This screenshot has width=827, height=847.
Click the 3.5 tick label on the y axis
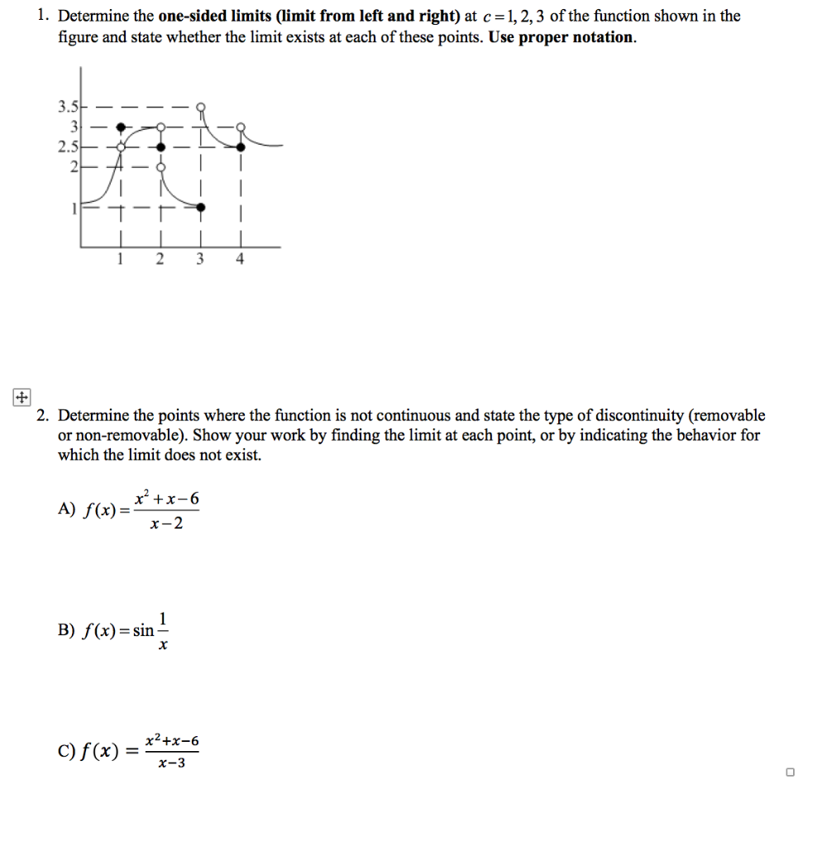click(67, 107)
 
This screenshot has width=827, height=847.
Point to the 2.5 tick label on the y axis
click(67, 146)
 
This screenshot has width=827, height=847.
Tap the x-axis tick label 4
click(240, 259)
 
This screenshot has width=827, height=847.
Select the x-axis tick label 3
click(199, 259)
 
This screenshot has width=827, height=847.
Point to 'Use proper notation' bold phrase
click(562, 38)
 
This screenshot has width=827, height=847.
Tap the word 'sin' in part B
click(144, 631)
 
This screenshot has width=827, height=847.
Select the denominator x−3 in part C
click(172, 763)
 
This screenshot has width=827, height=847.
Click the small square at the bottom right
click(790, 772)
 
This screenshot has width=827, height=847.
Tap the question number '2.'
click(45, 415)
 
